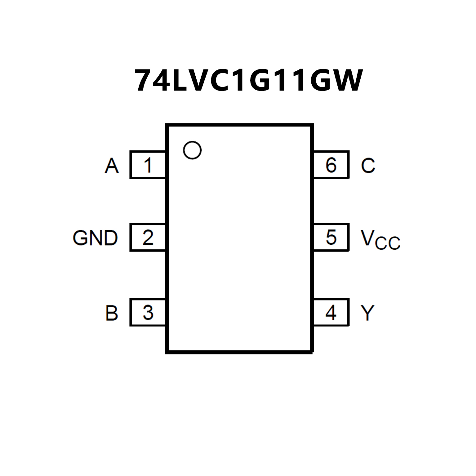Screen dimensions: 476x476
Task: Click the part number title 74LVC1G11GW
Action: [248, 81]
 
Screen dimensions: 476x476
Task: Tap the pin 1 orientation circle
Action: [192, 150]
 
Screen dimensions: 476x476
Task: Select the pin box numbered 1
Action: [148, 165]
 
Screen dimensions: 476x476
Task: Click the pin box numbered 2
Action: [148, 238]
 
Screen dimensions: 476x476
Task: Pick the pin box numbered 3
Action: [148, 312]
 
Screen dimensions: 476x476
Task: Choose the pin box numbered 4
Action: [331, 312]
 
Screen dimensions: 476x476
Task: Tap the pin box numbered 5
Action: [331, 238]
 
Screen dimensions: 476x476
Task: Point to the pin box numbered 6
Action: [331, 165]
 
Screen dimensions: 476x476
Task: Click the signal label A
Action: [112, 166]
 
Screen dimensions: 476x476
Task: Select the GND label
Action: [95, 238]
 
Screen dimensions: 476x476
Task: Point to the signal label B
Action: [112, 313]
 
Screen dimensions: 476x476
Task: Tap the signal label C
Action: [368, 166]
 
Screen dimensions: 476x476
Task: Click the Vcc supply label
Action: [380, 239]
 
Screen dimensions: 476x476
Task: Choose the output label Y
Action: [368, 313]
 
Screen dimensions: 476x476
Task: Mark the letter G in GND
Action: [80, 238]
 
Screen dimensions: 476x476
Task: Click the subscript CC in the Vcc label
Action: [387, 243]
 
